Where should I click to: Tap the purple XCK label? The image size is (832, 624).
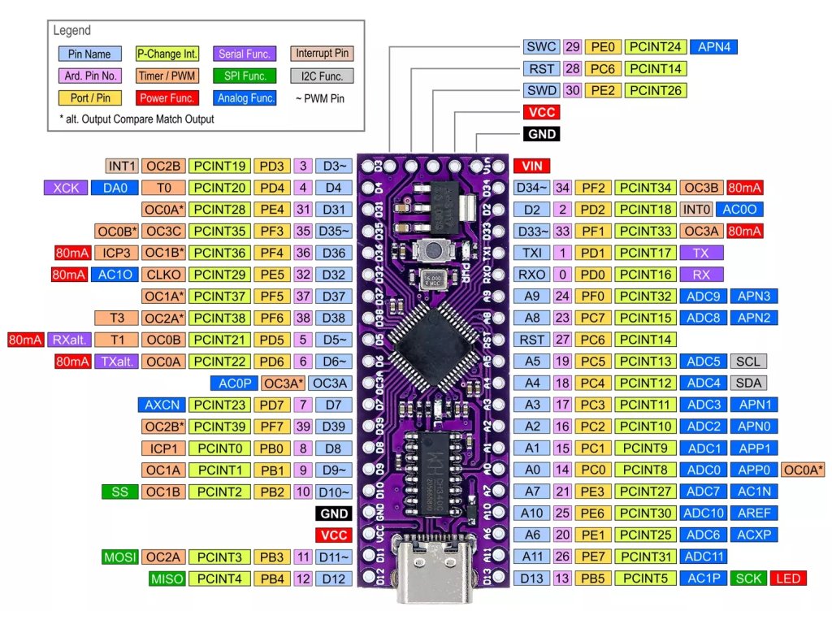64,188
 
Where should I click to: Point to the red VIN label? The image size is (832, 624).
531,166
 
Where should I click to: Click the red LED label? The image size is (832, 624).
788,578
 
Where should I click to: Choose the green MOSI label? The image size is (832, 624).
119,557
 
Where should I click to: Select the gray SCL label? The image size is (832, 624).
748,361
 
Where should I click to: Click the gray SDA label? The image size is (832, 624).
748,383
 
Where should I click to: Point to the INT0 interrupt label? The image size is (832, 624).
696,210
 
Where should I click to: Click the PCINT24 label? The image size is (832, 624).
657,47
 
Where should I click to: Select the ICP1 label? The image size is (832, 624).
163,448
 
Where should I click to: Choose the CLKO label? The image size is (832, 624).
163,275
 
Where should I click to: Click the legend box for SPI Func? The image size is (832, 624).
247,76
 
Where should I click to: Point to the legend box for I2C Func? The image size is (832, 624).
323,76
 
